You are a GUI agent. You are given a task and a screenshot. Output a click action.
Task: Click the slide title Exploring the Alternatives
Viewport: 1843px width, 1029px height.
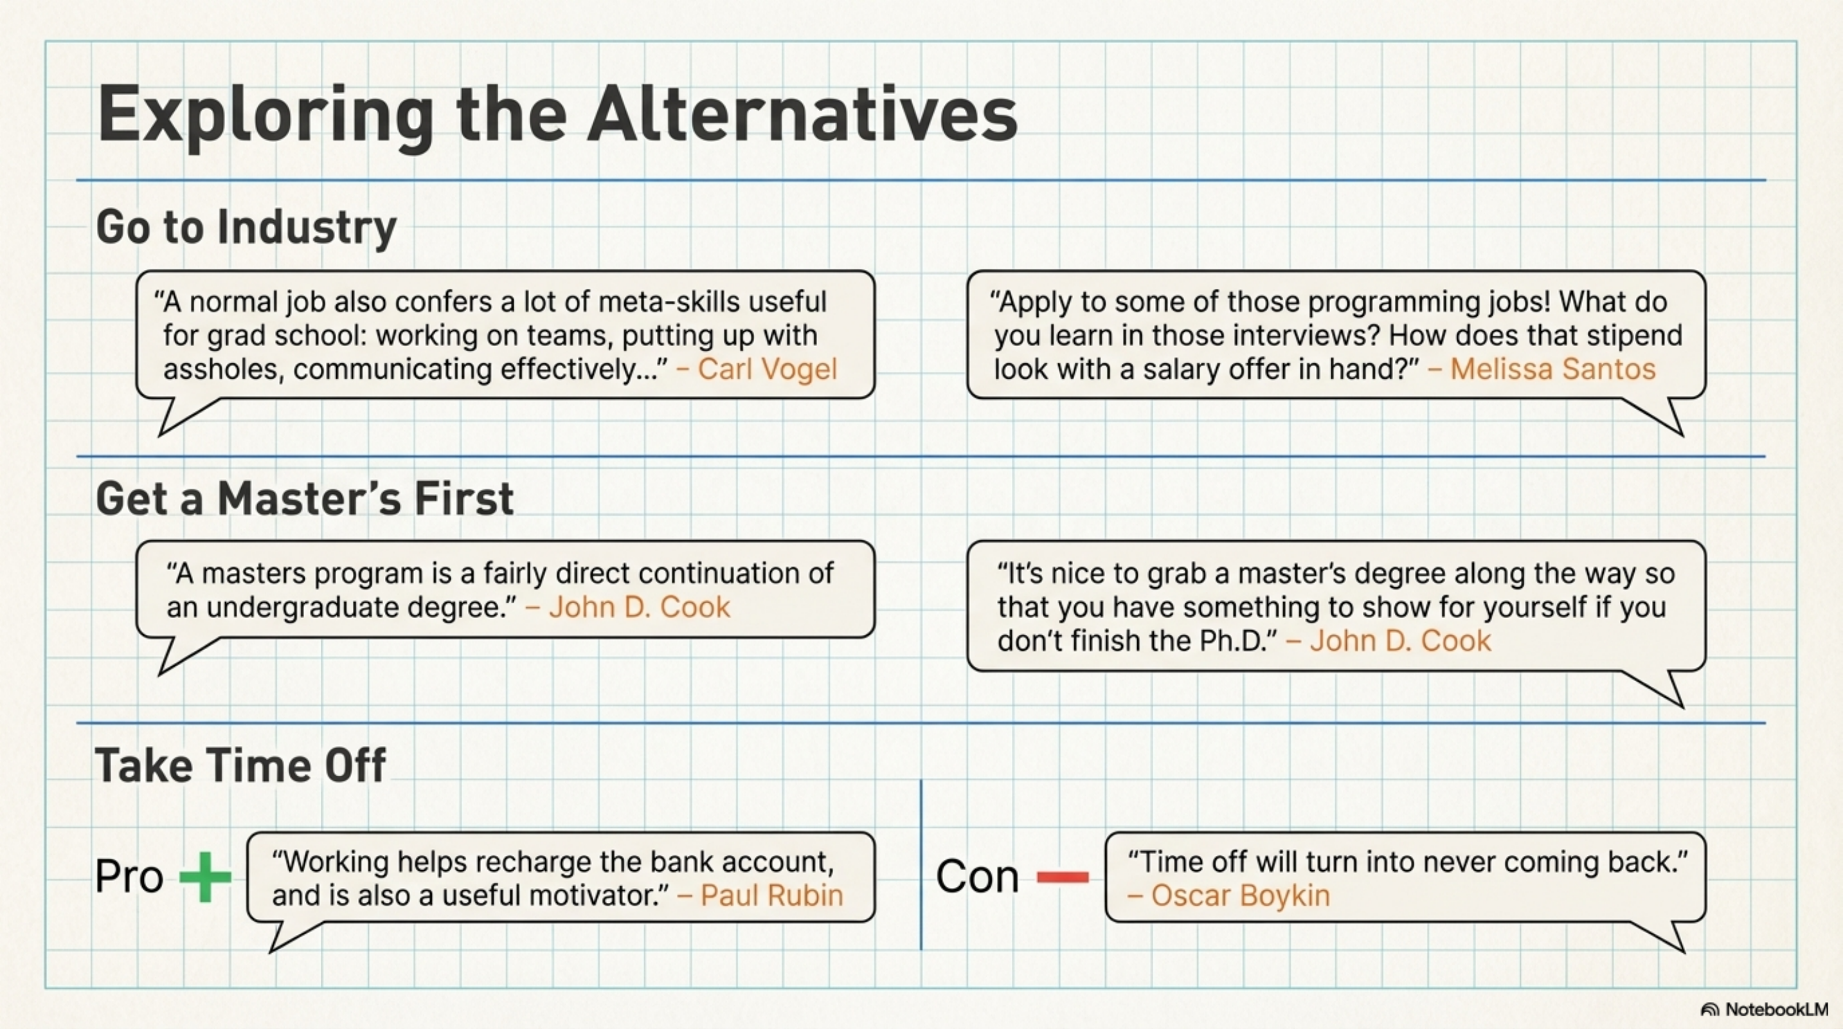pos(557,114)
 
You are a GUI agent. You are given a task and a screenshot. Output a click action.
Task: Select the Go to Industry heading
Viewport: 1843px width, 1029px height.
pos(246,227)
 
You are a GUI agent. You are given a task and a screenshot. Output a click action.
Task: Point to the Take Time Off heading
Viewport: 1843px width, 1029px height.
pos(240,765)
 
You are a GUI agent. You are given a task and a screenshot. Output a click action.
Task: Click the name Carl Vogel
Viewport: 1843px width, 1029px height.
pos(766,369)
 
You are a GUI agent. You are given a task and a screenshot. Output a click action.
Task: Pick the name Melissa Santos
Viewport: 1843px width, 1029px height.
pos(1552,369)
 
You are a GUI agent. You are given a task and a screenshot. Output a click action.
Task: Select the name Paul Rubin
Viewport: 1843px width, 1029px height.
pos(771,895)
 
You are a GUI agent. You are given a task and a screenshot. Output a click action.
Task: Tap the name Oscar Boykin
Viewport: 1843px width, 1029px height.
pos(1240,895)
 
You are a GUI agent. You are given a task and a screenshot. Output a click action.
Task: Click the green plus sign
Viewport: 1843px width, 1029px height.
pos(205,877)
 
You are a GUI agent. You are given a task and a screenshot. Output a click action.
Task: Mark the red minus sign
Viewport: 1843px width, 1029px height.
pos(1063,877)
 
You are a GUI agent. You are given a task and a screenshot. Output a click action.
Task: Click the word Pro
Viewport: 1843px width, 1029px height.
pos(129,877)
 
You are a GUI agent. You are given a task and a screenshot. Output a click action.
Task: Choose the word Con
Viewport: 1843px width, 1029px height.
pos(977,877)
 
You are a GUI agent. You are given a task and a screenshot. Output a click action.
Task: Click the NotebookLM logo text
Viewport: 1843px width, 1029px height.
pos(1776,1009)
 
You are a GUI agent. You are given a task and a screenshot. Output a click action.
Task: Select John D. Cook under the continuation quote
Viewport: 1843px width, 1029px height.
pos(639,608)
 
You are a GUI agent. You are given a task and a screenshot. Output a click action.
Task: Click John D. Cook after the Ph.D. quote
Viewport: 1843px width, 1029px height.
pos(1400,641)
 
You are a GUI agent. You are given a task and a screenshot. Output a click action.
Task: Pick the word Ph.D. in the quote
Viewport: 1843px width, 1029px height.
pos(1234,641)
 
